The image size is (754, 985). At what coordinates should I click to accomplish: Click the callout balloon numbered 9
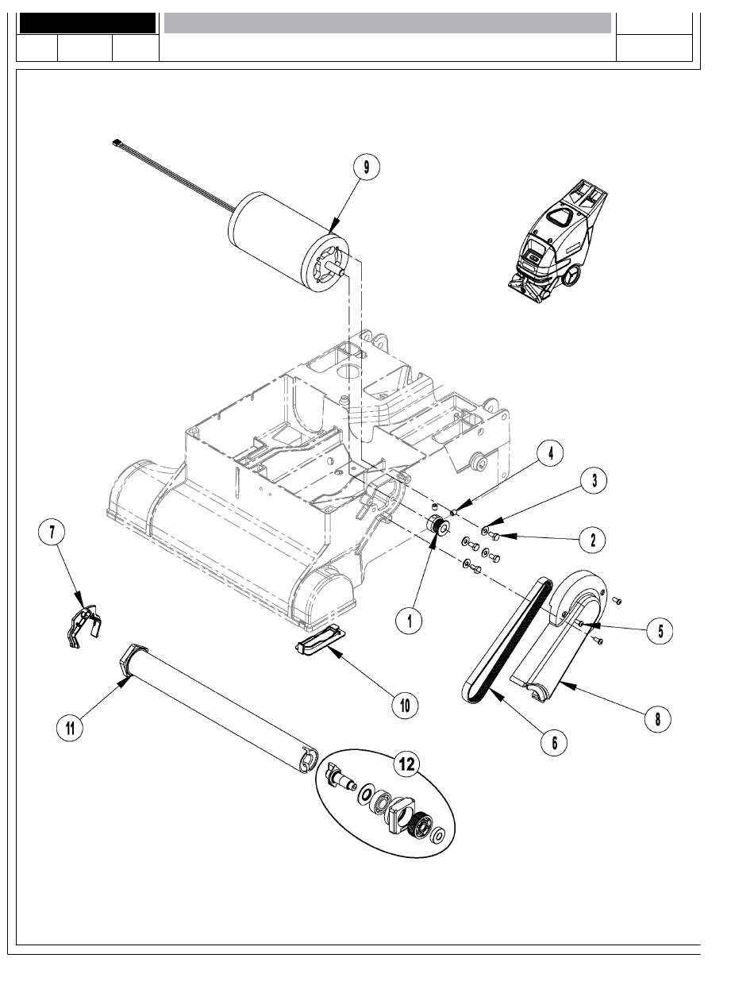366,167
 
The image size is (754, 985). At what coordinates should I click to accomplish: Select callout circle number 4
550,453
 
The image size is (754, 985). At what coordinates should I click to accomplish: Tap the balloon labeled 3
594,480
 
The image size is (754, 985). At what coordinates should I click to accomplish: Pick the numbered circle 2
593,540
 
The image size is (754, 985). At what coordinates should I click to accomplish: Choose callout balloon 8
657,718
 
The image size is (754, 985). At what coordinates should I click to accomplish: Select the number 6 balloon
554,742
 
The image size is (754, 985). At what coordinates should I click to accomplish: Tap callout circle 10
405,705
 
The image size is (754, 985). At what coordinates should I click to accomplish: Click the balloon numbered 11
70,728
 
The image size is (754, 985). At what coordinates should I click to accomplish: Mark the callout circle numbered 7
52,532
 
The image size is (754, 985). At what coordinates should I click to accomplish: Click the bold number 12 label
406,764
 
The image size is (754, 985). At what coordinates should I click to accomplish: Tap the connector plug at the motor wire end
117,142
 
